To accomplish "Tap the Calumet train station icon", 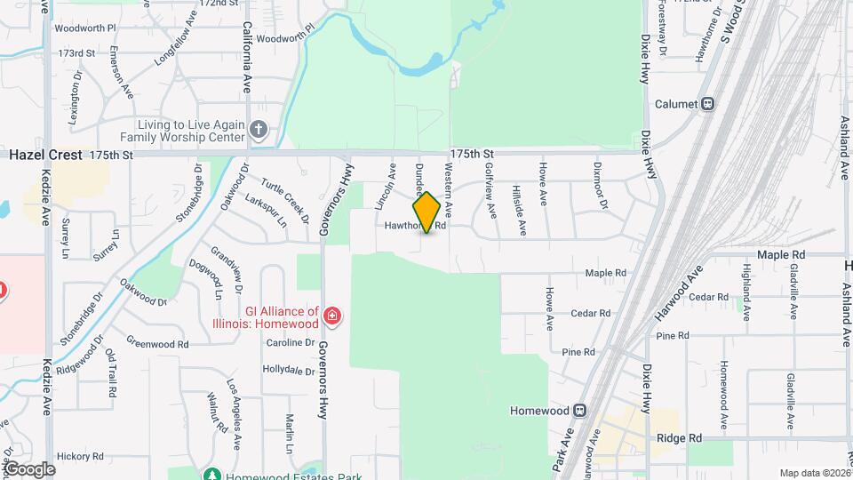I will pos(708,103).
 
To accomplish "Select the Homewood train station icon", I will pos(579,411).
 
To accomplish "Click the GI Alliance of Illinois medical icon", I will pos(331,315).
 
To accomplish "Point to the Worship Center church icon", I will pos(258,131).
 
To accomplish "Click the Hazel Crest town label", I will pos(45,155).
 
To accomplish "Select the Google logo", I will pos(30,468).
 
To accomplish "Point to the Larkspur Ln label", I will pos(265,212).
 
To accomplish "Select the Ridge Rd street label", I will pos(680,438).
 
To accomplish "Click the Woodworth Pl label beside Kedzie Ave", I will pos(85,28).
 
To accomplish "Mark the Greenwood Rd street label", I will pos(157,342).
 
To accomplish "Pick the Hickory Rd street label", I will pos(80,456).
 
